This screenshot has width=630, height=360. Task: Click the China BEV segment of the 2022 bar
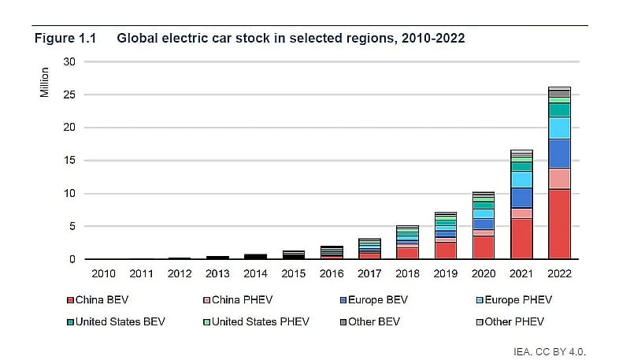pyautogui.click(x=559, y=224)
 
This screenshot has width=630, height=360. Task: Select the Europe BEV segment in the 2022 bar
pyautogui.click(x=559, y=154)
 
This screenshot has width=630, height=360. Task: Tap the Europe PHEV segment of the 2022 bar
pyautogui.click(x=559, y=128)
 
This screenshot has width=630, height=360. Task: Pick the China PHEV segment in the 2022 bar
pyautogui.click(x=559, y=178)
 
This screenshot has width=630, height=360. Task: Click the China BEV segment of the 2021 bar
pyautogui.click(x=521, y=239)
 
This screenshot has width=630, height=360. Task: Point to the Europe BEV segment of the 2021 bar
pyautogui.click(x=521, y=198)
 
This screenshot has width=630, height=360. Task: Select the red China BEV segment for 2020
pyautogui.click(x=484, y=247)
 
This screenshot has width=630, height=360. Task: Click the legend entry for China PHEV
pyautogui.click(x=238, y=299)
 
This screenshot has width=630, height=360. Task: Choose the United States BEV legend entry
pyautogui.click(x=116, y=321)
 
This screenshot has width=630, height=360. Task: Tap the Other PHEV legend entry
pyautogui.click(x=510, y=321)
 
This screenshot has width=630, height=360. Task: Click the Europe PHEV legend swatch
pyautogui.click(x=480, y=299)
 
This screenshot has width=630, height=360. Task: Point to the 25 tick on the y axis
pyautogui.click(x=69, y=95)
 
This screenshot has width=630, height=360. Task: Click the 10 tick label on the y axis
pyautogui.click(x=69, y=193)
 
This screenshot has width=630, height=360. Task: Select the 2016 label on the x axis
pyautogui.click(x=332, y=273)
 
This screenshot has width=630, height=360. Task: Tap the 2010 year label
pyautogui.click(x=103, y=273)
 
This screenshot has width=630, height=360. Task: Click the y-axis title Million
pyautogui.click(x=44, y=83)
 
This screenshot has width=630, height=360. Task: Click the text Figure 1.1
pyautogui.click(x=65, y=38)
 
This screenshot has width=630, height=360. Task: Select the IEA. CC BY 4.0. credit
pyautogui.click(x=550, y=351)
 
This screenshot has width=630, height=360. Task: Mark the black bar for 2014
pyautogui.click(x=255, y=256)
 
